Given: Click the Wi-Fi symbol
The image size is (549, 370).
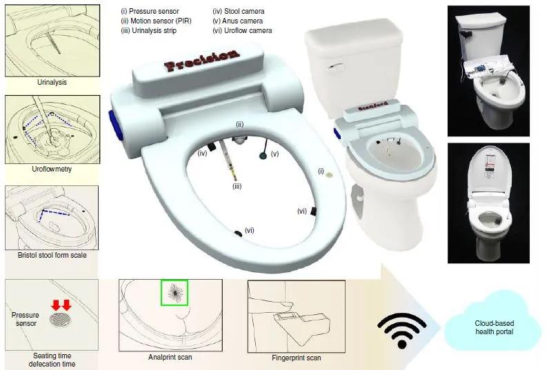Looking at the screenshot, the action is pyautogui.click(x=402, y=331).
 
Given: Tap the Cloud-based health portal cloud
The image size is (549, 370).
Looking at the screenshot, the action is pyautogui.click(x=494, y=327).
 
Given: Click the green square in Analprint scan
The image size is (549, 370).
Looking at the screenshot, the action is pyautogui.click(x=174, y=292).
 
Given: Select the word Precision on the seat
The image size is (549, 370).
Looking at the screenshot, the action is pyautogui.click(x=202, y=59).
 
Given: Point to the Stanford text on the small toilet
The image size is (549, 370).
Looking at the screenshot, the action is pyautogui.click(x=373, y=106).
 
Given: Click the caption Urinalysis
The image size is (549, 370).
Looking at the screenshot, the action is pyautogui.click(x=52, y=82).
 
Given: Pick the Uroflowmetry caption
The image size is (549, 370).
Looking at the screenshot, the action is pyautogui.click(x=52, y=169).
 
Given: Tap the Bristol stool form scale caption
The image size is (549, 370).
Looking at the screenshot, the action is pyautogui.click(x=52, y=255).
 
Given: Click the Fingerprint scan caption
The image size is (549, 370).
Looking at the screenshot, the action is pyautogui.click(x=296, y=358).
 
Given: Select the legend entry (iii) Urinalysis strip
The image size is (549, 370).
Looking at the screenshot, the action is pyautogui.click(x=149, y=30).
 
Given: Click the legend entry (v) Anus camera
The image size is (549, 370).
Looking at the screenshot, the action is pyautogui.click(x=238, y=21).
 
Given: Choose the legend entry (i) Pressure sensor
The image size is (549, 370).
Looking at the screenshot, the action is pyautogui.click(x=150, y=11).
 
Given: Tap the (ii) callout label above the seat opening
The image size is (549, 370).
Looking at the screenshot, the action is pyautogui.click(x=239, y=124).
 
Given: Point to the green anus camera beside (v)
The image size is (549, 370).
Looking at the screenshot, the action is pyautogui.click(x=263, y=155).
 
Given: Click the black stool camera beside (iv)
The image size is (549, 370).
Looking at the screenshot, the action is pyautogui.click(x=211, y=147).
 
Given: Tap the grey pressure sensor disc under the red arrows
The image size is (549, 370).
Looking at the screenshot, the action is pyautogui.click(x=61, y=320).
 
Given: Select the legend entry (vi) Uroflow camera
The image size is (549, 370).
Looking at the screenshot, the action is pyautogui.click(x=242, y=30).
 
